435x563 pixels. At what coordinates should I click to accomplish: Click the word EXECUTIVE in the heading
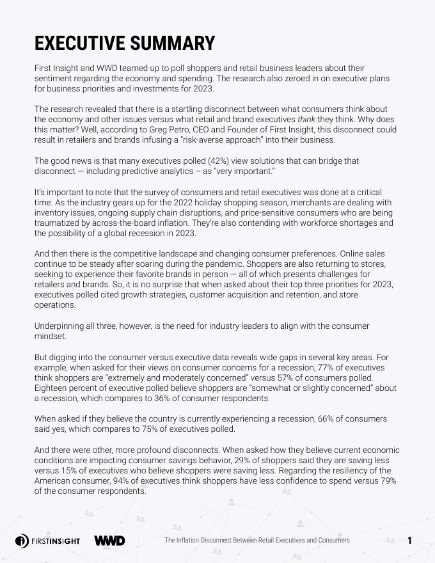point(79,43)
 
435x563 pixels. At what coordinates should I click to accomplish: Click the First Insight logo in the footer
point(48,541)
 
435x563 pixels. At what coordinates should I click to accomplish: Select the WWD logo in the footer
point(109,541)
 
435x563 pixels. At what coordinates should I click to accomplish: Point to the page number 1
point(409,541)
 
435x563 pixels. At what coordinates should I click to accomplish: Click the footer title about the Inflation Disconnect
point(257,541)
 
